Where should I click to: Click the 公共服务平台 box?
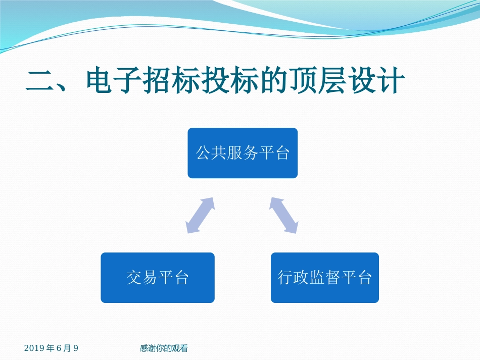pos(243,153)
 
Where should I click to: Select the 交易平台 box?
pos(158,278)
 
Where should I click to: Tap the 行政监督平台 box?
pos(325,278)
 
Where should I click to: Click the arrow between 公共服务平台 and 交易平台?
pos(201,216)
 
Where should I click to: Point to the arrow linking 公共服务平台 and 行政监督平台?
pos(283,216)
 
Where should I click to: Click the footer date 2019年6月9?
pos(51,348)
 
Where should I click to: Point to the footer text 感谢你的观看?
pos(164,348)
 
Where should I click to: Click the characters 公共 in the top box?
pos(211,153)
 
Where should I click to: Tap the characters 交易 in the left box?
pos(141,278)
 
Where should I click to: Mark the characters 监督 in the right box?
pos(325,278)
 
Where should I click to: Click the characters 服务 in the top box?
pos(243,153)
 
